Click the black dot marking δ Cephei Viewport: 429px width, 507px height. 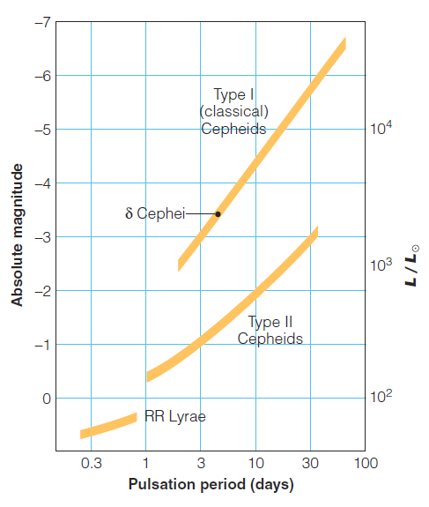pyautogui.click(x=218, y=213)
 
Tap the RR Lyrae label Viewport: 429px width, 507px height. pyautogui.click(x=175, y=416)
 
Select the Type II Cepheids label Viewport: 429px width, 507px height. pyautogui.click(x=270, y=331)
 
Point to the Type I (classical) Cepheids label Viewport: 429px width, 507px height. pyautogui.click(x=233, y=112)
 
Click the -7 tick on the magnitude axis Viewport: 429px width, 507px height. pyautogui.click(x=40, y=22)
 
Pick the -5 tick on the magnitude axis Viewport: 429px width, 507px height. pyautogui.click(x=40, y=130)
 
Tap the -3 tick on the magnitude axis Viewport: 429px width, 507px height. pyautogui.click(x=40, y=237)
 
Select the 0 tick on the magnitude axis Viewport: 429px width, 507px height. pyautogui.click(x=44, y=399)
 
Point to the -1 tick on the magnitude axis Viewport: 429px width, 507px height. pyautogui.click(x=40, y=345)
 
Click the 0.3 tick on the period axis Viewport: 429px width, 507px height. pyautogui.click(x=91, y=463)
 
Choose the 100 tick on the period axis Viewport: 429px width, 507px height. pyautogui.click(x=366, y=463)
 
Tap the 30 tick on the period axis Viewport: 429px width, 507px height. pyautogui.click(x=311, y=463)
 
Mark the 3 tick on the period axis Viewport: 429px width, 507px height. pyautogui.click(x=201, y=463)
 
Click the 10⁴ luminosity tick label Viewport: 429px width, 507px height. pyautogui.click(x=381, y=130)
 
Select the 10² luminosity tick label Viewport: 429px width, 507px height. pyautogui.click(x=381, y=398)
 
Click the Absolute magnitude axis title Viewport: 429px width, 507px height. pyautogui.click(x=17, y=235)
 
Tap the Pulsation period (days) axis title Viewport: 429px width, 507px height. pyautogui.click(x=211, y=484)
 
